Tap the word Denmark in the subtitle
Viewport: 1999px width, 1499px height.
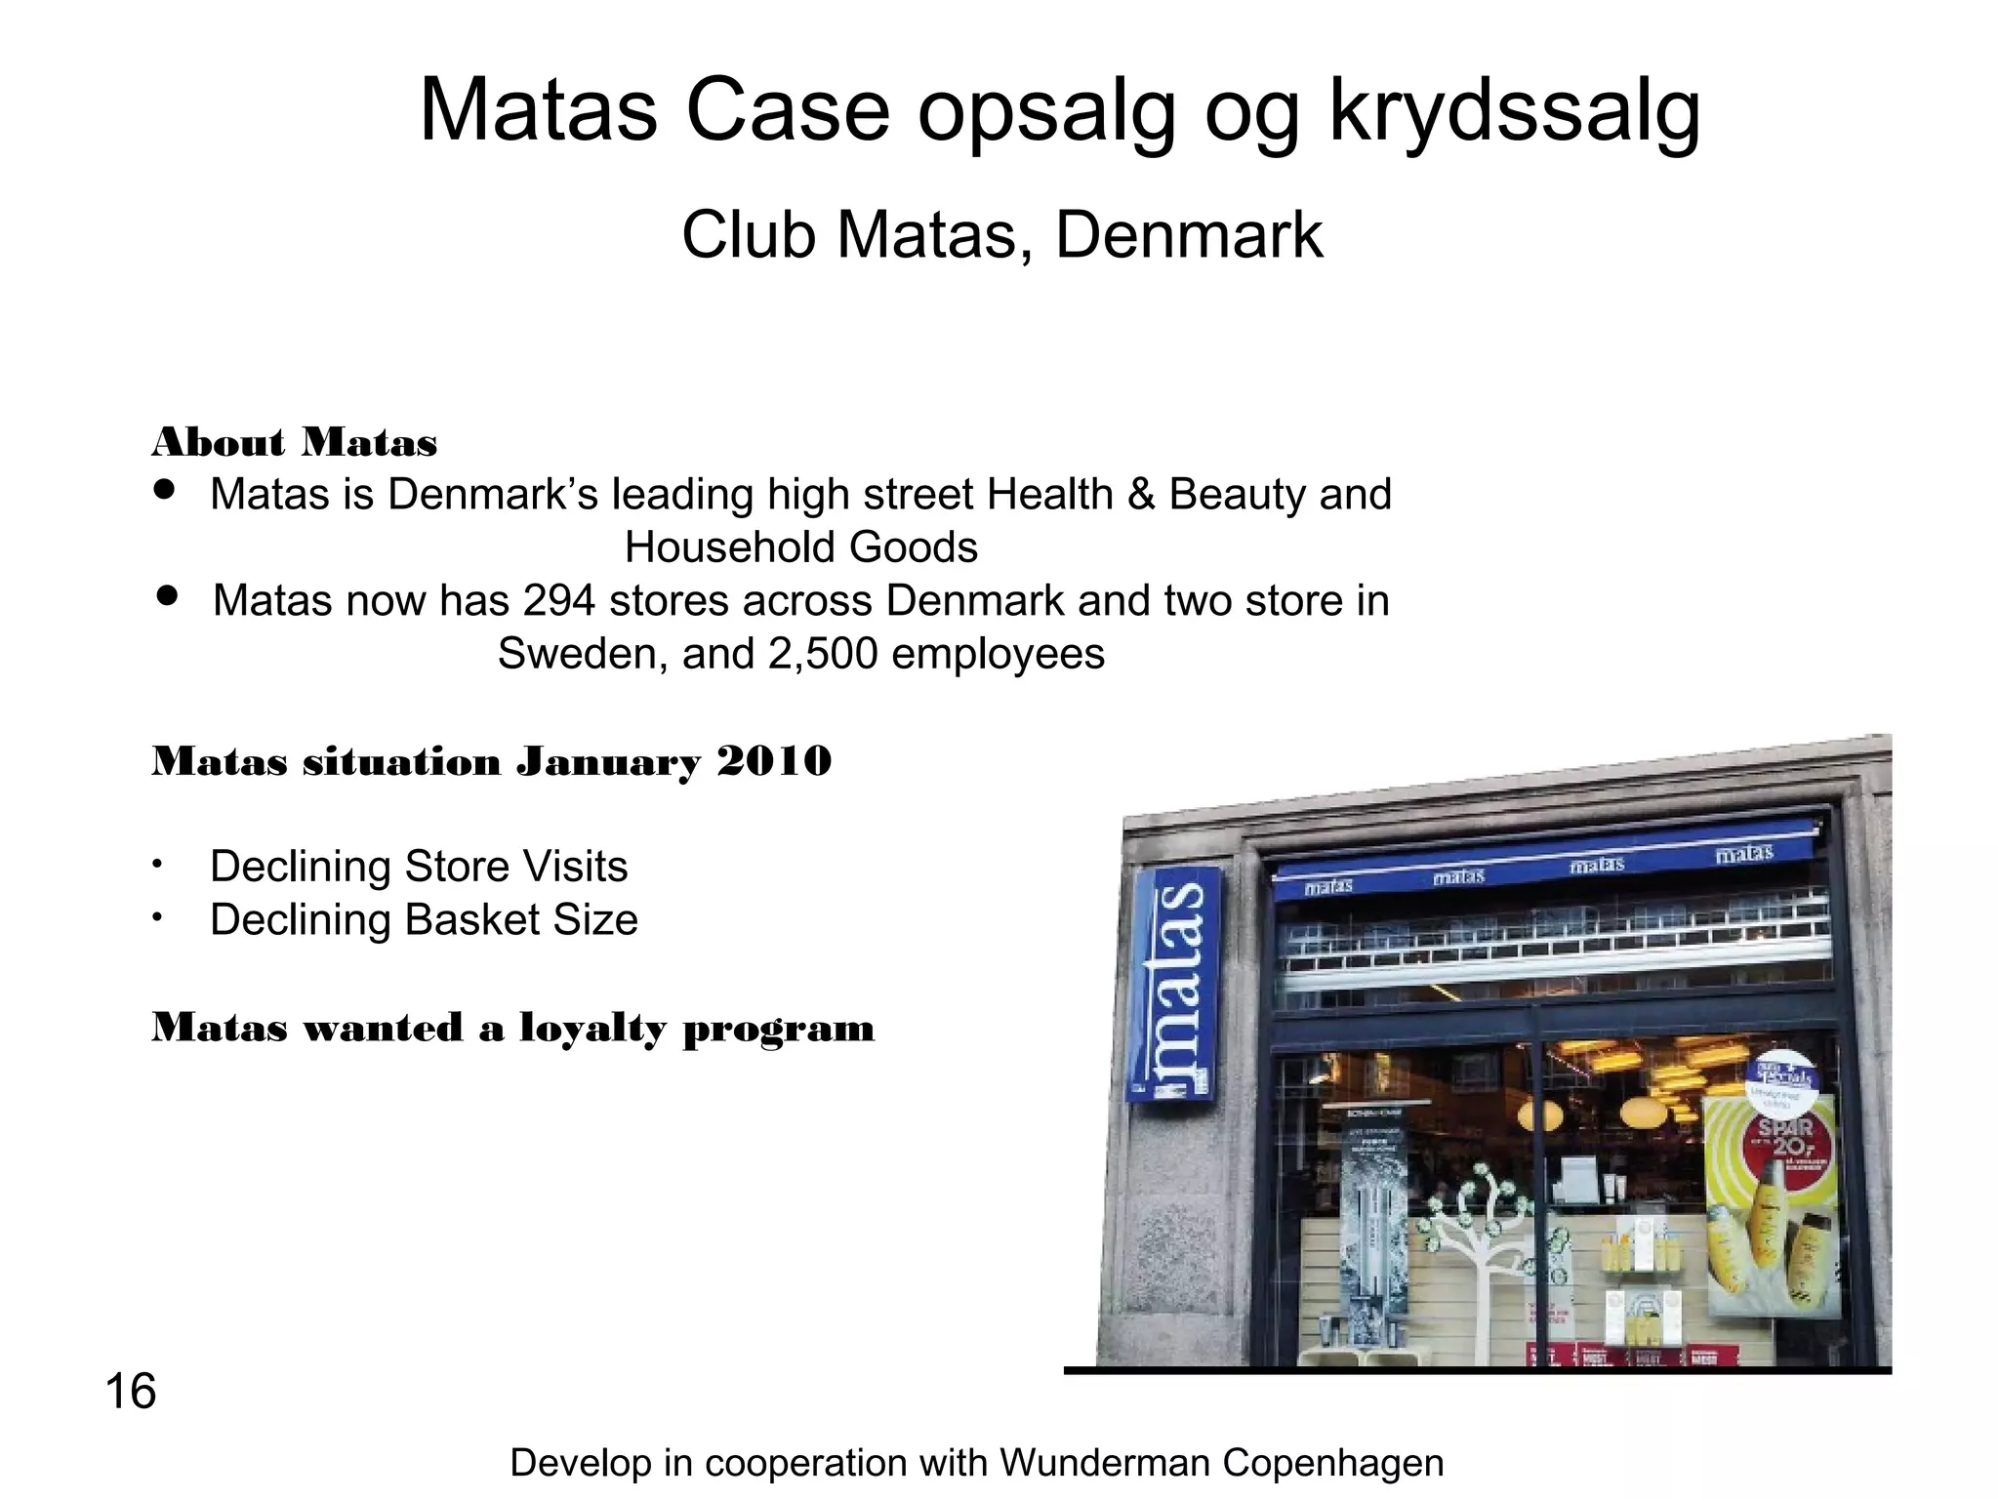point(1189,235)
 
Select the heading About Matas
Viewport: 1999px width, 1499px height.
point(295,443)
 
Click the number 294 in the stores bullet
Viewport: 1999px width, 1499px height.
point(559,600)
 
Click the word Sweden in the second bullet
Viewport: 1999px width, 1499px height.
point(582,654)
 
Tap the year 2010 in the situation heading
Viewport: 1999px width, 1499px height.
point(774,761)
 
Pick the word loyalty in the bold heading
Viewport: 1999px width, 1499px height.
point(592,1029)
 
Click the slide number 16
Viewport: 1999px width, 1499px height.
point(130,1392)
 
